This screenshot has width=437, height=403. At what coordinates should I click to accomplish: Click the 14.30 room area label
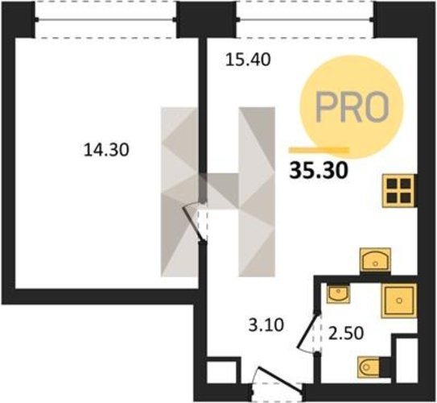coord(106,149)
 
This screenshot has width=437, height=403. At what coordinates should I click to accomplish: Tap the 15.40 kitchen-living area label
coord(248,60)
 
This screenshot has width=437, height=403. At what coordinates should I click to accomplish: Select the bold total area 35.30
coord(320,170)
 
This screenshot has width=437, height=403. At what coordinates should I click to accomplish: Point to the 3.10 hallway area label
coord(266,325)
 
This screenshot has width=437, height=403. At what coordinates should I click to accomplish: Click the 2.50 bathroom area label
coord(346,333)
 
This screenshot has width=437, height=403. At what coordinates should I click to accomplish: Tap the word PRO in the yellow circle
coord(352,107)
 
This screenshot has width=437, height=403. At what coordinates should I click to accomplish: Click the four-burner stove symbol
coord(398,190)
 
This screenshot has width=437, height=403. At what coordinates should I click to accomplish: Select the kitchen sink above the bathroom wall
coord(375,260)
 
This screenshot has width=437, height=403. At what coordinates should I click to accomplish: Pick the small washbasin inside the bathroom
coord(338,293)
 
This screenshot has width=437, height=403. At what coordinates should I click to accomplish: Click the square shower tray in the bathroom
coord(399,301)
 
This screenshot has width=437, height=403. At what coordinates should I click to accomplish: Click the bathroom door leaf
coord(308,331)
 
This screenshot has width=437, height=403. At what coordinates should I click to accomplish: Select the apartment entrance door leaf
coord(279,380)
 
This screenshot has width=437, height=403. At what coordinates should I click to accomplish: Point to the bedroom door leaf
coord(194,224)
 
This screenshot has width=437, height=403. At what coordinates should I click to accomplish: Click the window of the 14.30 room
coord(105,19)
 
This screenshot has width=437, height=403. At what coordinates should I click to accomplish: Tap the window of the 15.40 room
coord(305,19)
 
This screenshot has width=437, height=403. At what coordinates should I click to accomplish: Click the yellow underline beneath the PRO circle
coord(319,150)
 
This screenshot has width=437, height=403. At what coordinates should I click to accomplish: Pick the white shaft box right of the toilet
coord(406,360)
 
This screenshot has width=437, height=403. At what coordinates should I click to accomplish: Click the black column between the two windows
coord(207,19)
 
